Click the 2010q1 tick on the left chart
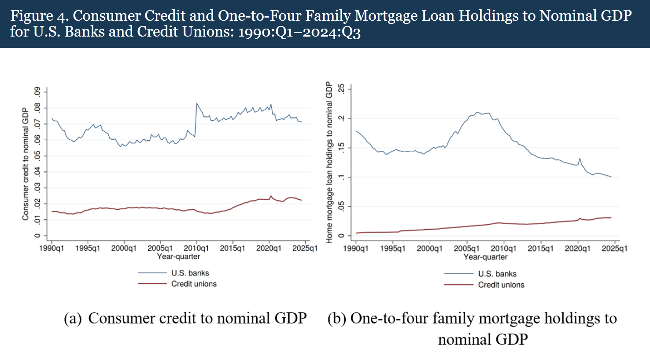(x=196, y=248)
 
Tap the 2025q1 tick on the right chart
(x=614, y=249)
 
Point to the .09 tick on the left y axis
(x=37, y=92)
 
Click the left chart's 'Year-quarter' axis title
(x=178, y=256)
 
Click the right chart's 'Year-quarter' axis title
(x=485, y=257)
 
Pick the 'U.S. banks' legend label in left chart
(x=190, y=273)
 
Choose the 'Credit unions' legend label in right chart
(x=501, y=285)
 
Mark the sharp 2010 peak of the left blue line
(x=196, y=104)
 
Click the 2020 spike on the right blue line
(x=580, y=159)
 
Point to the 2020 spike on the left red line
(x=271, y=196)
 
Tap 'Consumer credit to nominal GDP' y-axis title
(x=26, y=164)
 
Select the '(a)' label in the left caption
(x=73, y=319)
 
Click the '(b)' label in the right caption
(x=336, y=319)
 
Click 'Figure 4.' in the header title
(x=39, y=16)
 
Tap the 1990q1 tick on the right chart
(x=355, y=249)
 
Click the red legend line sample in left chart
(x=152, y=284)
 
